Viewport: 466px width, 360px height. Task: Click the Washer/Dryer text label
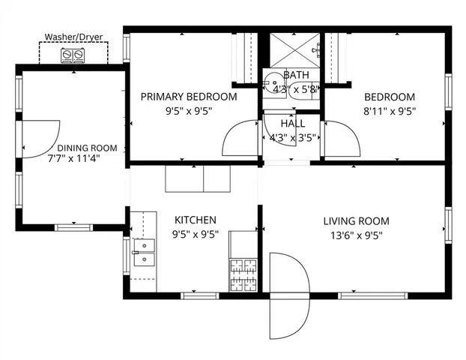(73, 37)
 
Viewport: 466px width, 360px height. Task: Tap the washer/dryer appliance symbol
(73, 55)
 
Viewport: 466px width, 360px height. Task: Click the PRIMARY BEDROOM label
(189, 97)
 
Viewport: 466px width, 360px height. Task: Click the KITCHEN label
(196, 220)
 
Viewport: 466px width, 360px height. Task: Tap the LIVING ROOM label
(356, 221)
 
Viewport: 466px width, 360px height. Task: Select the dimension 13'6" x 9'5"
(356, 233)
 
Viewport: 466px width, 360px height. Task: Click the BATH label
(295, 76)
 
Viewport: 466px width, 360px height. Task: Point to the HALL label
(292, 124)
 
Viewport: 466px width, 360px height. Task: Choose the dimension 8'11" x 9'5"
(390, 110)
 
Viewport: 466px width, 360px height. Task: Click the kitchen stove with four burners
(243, 274)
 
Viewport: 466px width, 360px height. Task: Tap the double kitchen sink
(142, 252)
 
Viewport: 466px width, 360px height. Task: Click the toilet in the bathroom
(273, 79)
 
